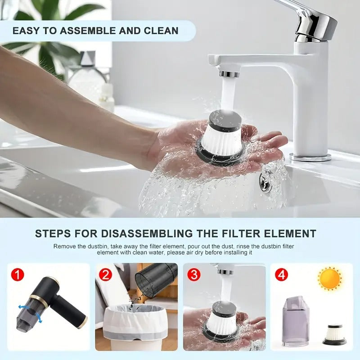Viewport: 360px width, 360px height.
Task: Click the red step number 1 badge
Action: point(17,274)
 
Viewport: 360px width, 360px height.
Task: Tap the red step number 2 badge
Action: point(105,274)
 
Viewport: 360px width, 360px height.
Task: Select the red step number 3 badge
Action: point(193,274)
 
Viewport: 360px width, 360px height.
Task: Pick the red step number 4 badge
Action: point(282,274)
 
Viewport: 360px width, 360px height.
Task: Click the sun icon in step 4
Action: point(330,278)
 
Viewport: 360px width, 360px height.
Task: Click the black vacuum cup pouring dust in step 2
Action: point(156,279)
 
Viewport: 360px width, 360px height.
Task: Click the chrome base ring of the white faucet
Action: point(310,157)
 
